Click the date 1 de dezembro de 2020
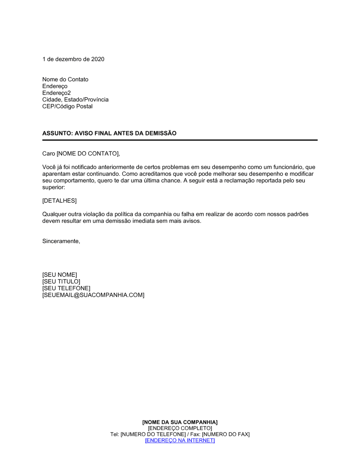tap(73, 59)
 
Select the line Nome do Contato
tap(65, 79)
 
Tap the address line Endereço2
tap(57, 93)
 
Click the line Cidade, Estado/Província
tap(75, 100)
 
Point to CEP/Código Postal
tap(67, 106)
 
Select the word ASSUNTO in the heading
tap(57, 133)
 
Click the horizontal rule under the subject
tap(180, 140)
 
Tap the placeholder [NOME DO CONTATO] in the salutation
tap(87, 154)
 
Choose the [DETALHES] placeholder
tap(59, 201)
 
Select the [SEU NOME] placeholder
tap(59, 275)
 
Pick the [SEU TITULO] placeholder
tap(61, 282)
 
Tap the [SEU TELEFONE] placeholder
tap(66, 288)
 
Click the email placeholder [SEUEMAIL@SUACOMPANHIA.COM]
tap(93, 295)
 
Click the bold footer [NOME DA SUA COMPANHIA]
tap(180, 422)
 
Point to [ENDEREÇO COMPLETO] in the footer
tap(180, 428)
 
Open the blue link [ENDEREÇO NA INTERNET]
tap(180, 441)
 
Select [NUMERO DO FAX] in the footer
tap(226, 435)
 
